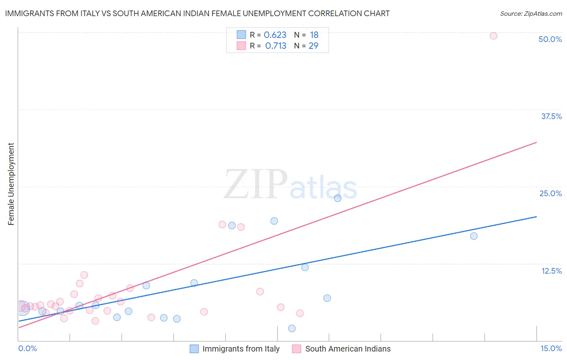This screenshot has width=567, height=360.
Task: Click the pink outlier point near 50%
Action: pyautogui.click(x=493, y=36)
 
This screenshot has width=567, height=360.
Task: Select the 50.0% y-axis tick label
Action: pyautogui.click(x=550, y=39)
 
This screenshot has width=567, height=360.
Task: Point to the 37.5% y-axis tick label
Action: pyautogui.click(x=551, y=116)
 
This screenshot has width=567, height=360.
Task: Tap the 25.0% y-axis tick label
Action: pyautogui.click(x=550, y=193)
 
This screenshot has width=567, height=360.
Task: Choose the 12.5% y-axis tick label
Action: pyautogui.click(x=551, y=271)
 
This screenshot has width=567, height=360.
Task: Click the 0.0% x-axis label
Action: pyautogui.click(x=27, y=348)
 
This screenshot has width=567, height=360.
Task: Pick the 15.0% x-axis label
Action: pyautogui.click(x=551, y=348)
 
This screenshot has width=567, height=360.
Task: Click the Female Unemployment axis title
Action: pyautogui.click(x=11, y=184)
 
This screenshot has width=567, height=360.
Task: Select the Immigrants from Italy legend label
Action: pyautogui.click(x=241, y=349)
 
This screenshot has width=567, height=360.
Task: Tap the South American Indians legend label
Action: pyautogui.click(x=348, y=349)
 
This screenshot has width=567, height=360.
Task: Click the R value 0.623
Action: pyautogui.click(x=275, y=35)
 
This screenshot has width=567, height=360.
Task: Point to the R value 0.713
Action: pyautogui.click(x=276, y=46)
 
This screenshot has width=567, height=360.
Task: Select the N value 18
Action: pyautogui.click(x=314, y=35)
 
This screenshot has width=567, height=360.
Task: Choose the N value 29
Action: pyautogui.click(x=313, y=46)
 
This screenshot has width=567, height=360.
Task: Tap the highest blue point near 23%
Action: pyautogui.click(x=338, y=198)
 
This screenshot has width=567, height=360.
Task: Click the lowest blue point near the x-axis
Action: pyautogui.click(x=292, y=329)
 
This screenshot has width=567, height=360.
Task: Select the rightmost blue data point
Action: pyautogui.click(x=474, y=236)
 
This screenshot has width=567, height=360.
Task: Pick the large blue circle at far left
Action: pyautogui.click(x=23, y=308)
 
